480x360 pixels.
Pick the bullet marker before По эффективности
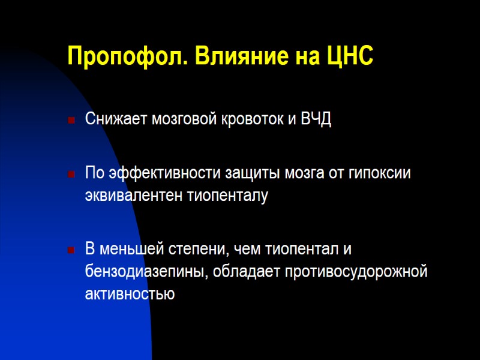[x=71, y=175]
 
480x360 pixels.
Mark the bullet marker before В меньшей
[x=71, y=250]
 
